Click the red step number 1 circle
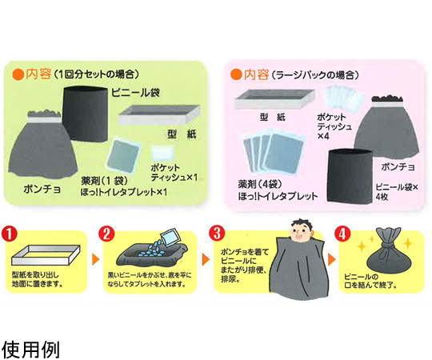10,234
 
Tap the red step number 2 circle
106,234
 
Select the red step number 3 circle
217,234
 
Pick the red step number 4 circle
342,234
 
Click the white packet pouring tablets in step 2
170,236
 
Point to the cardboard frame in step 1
46,255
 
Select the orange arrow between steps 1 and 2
95,259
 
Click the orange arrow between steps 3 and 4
332,259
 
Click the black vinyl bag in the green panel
85,114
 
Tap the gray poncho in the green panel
42,145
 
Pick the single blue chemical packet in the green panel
123,155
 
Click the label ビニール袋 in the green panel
135,93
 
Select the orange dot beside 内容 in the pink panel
236,74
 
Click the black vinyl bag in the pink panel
350,176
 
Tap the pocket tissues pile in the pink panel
342,98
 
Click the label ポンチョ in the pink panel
398,166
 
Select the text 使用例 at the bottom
30,350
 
